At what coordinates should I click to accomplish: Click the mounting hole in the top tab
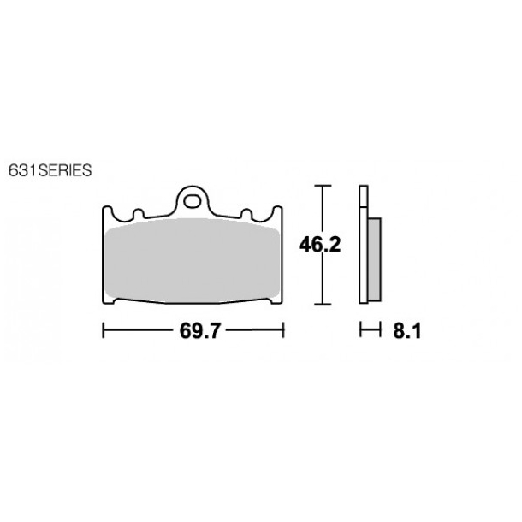(x=193, y=202)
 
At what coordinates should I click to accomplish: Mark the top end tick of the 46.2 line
(x=321, y=186)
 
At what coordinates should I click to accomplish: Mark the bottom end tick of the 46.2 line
(x=321, y=304)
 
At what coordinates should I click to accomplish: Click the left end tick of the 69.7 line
(x=104, y=331)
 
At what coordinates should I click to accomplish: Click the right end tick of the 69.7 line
(x=283, y=331)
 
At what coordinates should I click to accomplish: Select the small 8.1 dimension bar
(x=369, y=331)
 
